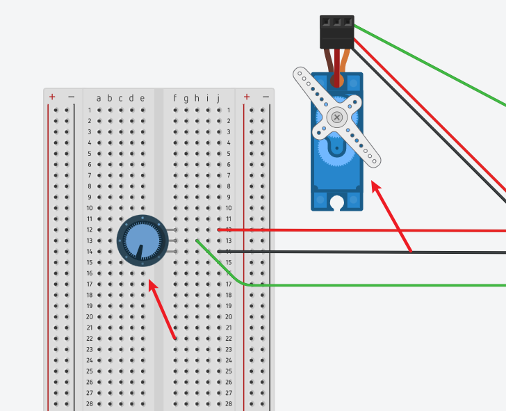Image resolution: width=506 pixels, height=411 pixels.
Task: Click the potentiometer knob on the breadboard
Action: coord(142,241)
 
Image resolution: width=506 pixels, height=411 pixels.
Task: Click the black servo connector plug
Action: coord(337,32)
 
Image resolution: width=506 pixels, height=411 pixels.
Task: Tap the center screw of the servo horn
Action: coord(337,117)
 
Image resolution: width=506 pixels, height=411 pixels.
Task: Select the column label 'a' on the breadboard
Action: coord(99,98)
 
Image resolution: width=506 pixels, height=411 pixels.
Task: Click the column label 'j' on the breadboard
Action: coord(218,98)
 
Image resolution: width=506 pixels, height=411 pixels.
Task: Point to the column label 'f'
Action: coord(175,98)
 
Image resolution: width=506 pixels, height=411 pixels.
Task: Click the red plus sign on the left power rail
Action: coord(52,97)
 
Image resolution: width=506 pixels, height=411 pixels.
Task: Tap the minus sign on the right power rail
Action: coord(266,97)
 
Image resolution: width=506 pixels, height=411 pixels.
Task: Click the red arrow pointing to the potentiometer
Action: coord(162,309)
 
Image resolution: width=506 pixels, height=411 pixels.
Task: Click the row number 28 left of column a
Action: coord(90,403)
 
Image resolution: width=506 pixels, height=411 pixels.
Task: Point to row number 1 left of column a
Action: coord(90,110)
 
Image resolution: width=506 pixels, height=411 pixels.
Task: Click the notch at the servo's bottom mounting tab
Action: coord(337,204)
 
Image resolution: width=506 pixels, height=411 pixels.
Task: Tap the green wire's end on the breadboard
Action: coord(197,241)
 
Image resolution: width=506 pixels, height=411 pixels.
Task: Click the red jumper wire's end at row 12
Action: coord(220,229)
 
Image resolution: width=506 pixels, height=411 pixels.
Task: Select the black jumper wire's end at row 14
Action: coord(220,251)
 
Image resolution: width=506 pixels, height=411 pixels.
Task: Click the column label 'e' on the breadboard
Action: coord(142,98)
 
